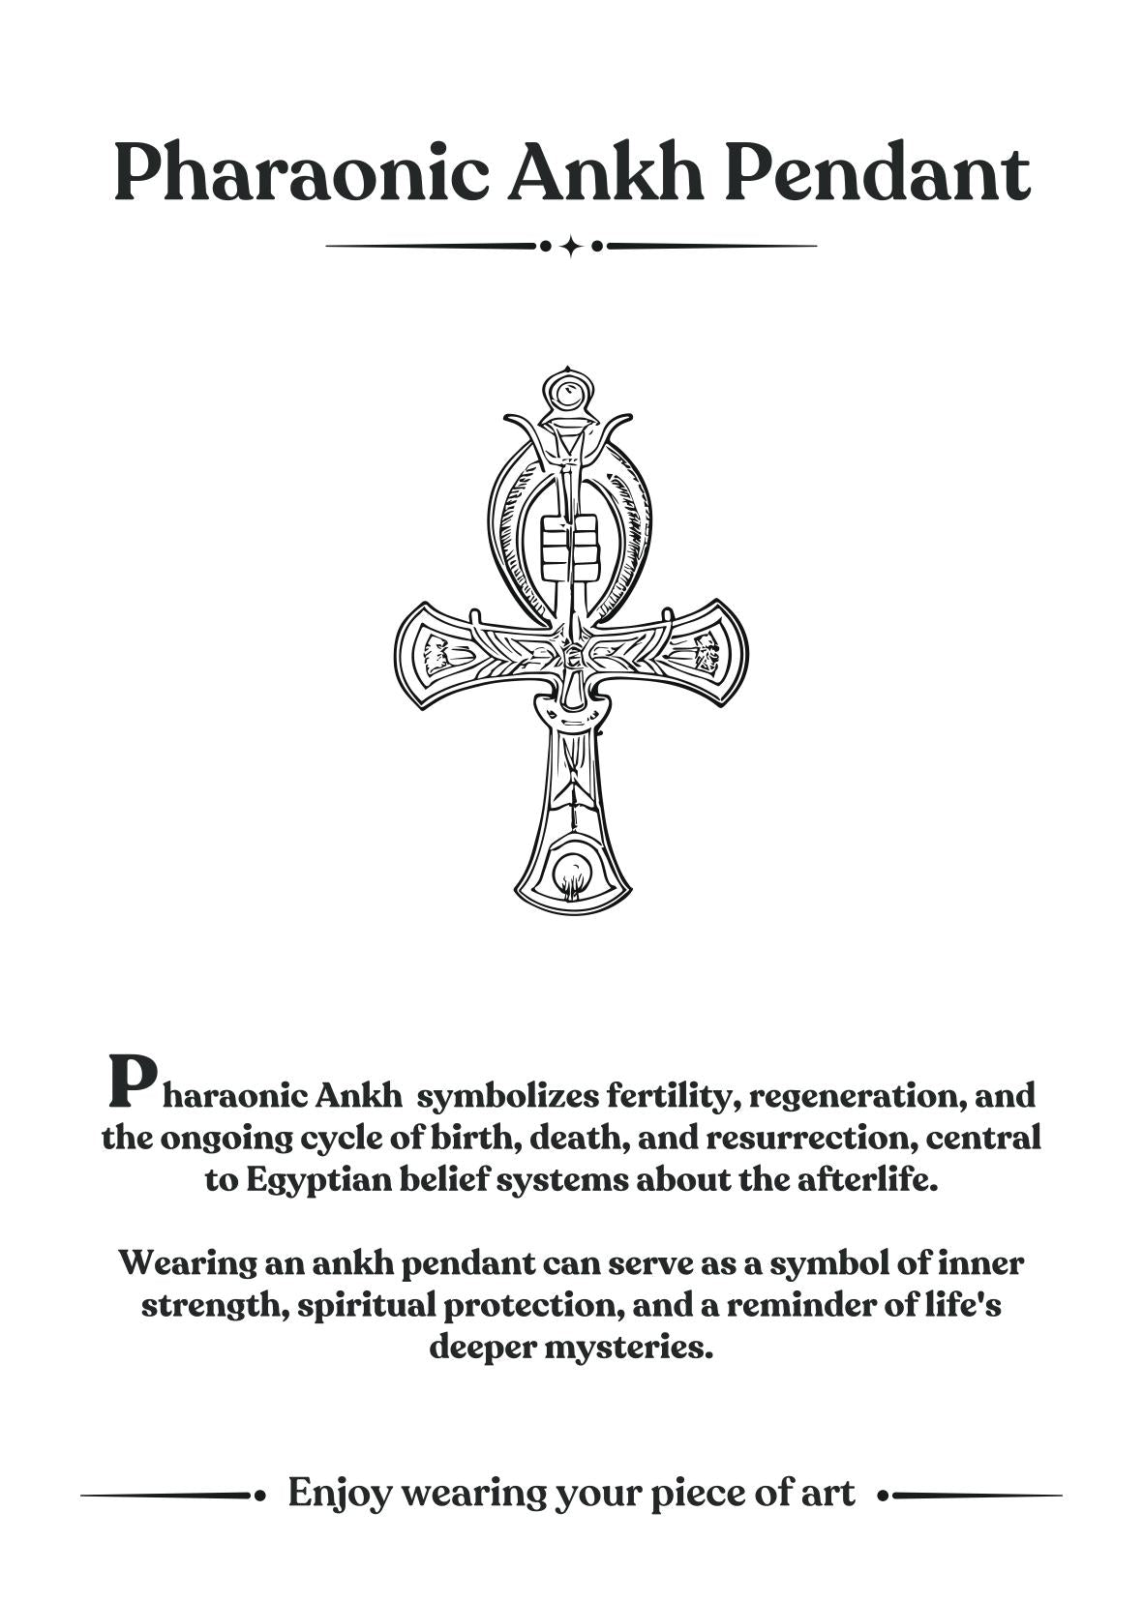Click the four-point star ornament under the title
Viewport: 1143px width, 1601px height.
[571, 246]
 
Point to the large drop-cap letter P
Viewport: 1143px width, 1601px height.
[131, 1081]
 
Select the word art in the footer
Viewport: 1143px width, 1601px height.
[828, 1493]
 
